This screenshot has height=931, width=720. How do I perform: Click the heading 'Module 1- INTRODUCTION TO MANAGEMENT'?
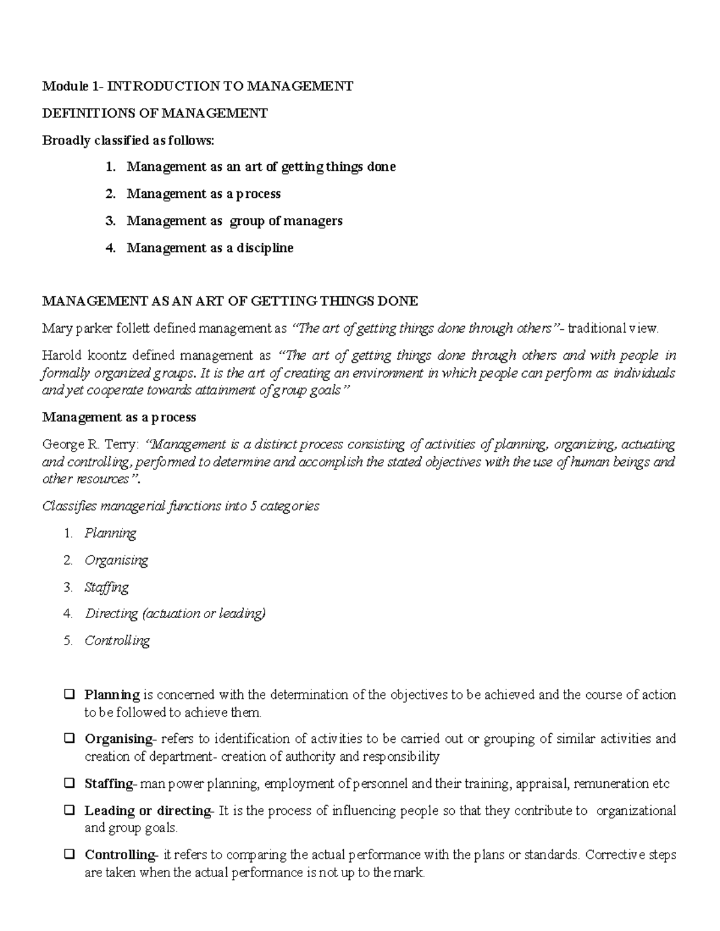197,86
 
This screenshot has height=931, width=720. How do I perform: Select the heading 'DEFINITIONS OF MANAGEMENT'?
155,113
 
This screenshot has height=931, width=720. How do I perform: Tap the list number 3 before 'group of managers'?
110,221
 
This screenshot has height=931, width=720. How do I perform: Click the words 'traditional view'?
613,329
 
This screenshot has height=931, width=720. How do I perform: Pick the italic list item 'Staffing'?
106,587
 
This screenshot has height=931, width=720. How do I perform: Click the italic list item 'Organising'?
116,560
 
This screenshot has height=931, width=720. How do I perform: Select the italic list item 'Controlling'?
117,641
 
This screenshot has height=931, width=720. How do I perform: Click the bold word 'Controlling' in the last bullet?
119,855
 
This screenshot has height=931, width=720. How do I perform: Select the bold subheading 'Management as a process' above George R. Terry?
119,417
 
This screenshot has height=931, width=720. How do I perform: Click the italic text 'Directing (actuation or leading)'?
175,614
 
